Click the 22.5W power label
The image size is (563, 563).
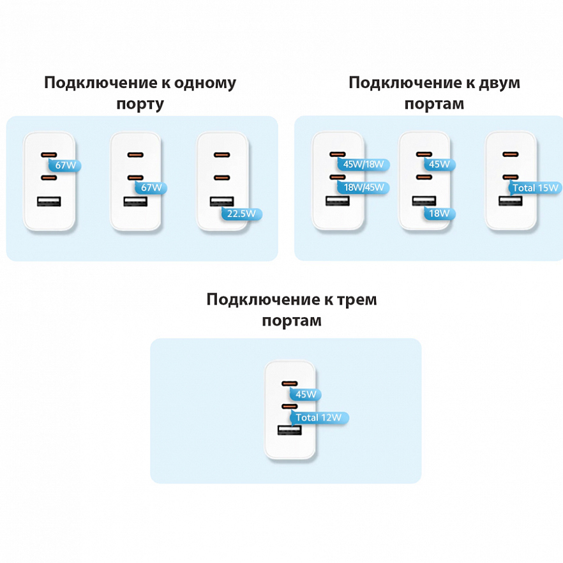(x=242, y=214)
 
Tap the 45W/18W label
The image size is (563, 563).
(x=363, y=165)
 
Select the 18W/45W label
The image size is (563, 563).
(x=363, y=188)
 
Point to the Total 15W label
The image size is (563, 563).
(x=535, y=188)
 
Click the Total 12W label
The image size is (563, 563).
(x=319, y=417)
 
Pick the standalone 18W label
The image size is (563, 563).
(x=439, y=214)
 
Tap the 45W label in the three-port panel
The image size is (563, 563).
(x=306, y=394)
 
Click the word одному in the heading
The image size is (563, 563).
(x=205, y=83)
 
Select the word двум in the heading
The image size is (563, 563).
(x=499, y=83)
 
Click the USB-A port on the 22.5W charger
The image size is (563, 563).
(x=222, y=202)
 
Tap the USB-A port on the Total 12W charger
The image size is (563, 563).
(x=289, y=430)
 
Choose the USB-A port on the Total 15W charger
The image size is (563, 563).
(x=511, y=200)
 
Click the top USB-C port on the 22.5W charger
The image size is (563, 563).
(x=222, y=154)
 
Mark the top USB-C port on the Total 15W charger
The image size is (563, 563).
(x=511, y=154)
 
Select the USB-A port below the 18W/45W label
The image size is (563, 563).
(x=338, y=200)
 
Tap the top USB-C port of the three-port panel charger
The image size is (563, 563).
(x=289, y=384)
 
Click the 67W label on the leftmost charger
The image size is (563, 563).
(x=65, y=165)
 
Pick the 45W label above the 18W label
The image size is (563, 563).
(x=439, y=165)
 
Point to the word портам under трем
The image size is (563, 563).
(x=292, y=320)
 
